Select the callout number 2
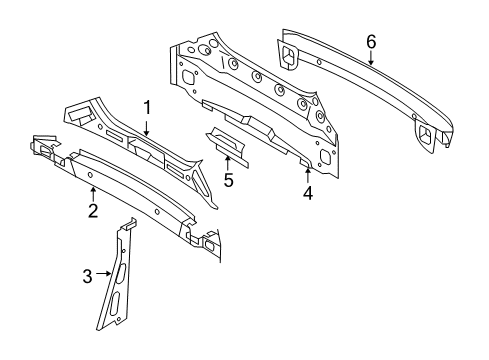[x=92, y=210]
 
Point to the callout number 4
[x=308, y=194]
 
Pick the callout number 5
[x=227, y=181]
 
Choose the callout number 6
[x=370, y=41]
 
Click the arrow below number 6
[x=370, y=58]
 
